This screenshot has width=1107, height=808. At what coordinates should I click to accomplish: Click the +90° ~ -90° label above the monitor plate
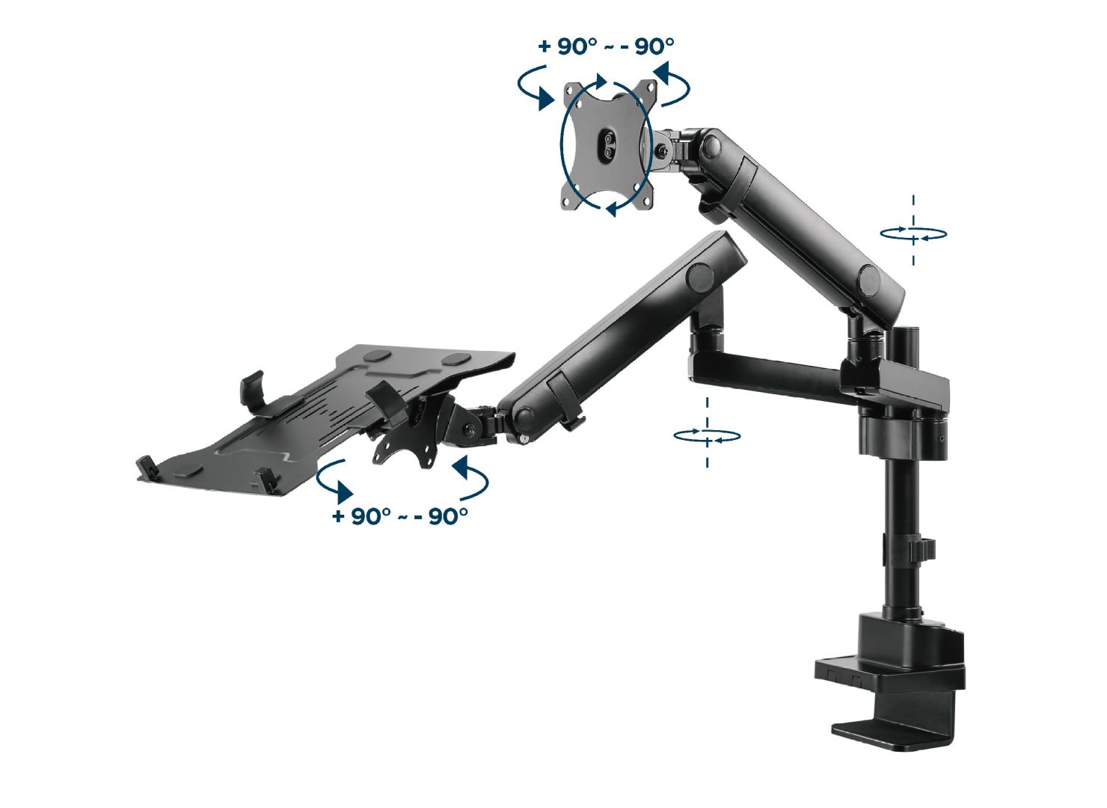[x=606, y=46]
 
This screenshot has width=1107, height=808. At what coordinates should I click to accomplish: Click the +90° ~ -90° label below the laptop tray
[x=400, y=516]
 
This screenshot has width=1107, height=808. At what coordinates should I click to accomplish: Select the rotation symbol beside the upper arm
[x=913, y=233]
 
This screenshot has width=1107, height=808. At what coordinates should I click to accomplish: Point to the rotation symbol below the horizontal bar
[x=707, y=435]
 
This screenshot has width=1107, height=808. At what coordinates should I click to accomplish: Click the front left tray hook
[x=146, y=468]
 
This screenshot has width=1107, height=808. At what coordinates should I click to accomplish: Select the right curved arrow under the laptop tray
[x=471, y=479]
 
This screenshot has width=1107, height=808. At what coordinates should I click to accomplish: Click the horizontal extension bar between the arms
[x=770, y=370]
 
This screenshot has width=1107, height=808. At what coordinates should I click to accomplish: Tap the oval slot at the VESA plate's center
[x=608, y=144]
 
